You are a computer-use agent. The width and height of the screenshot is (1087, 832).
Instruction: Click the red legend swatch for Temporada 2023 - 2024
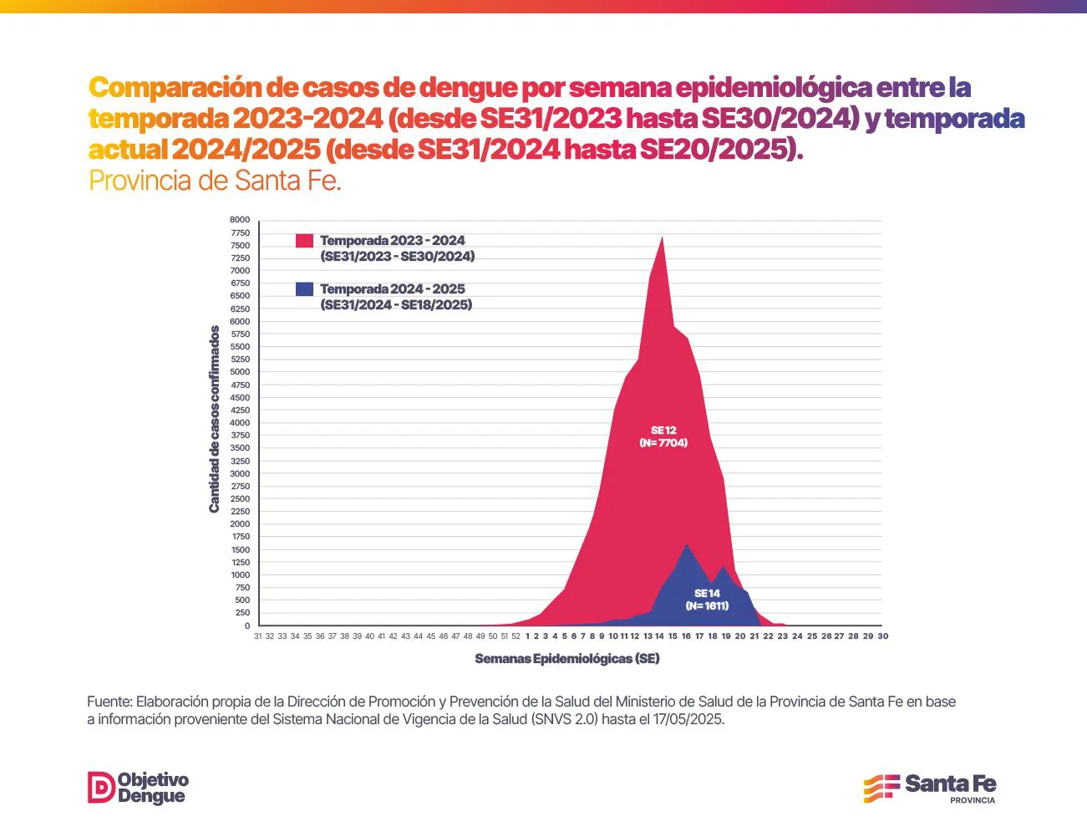coord(304,241)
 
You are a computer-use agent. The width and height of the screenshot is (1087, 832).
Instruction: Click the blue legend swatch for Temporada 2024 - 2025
coord(304,289)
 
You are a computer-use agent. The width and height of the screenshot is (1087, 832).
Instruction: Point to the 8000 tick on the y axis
coord(240,220)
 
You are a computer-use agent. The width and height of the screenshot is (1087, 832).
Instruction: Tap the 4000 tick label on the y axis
coord(240,423)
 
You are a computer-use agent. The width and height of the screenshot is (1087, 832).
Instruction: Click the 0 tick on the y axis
coord(246,626)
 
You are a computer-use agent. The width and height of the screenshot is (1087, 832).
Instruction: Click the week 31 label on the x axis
coord(258,636)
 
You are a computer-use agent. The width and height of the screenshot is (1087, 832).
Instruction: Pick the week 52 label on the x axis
coord(516,636)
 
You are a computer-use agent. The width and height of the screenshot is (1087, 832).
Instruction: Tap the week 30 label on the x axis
coord(883,636)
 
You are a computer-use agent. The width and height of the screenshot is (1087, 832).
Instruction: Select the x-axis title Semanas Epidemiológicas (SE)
coord(567,659)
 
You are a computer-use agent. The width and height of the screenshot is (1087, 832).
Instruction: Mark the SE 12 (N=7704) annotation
coord(663,436)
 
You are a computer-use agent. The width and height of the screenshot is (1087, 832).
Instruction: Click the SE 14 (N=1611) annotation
coord(707,600)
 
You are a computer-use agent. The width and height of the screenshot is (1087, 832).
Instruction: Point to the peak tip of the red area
coord(663,237)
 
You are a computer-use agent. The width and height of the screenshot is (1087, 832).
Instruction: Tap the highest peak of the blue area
coord(687,544)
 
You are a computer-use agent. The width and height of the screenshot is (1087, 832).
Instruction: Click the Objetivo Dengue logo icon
coord(101,788)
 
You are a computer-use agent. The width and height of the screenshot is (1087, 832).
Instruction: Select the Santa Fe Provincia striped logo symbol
coord(881,788)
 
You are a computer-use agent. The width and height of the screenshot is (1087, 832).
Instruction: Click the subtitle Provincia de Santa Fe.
coord(215,181)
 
